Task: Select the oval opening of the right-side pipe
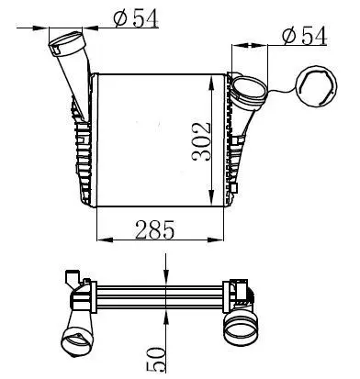click(245, 89)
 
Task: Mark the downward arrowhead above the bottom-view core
click(164, 278)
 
